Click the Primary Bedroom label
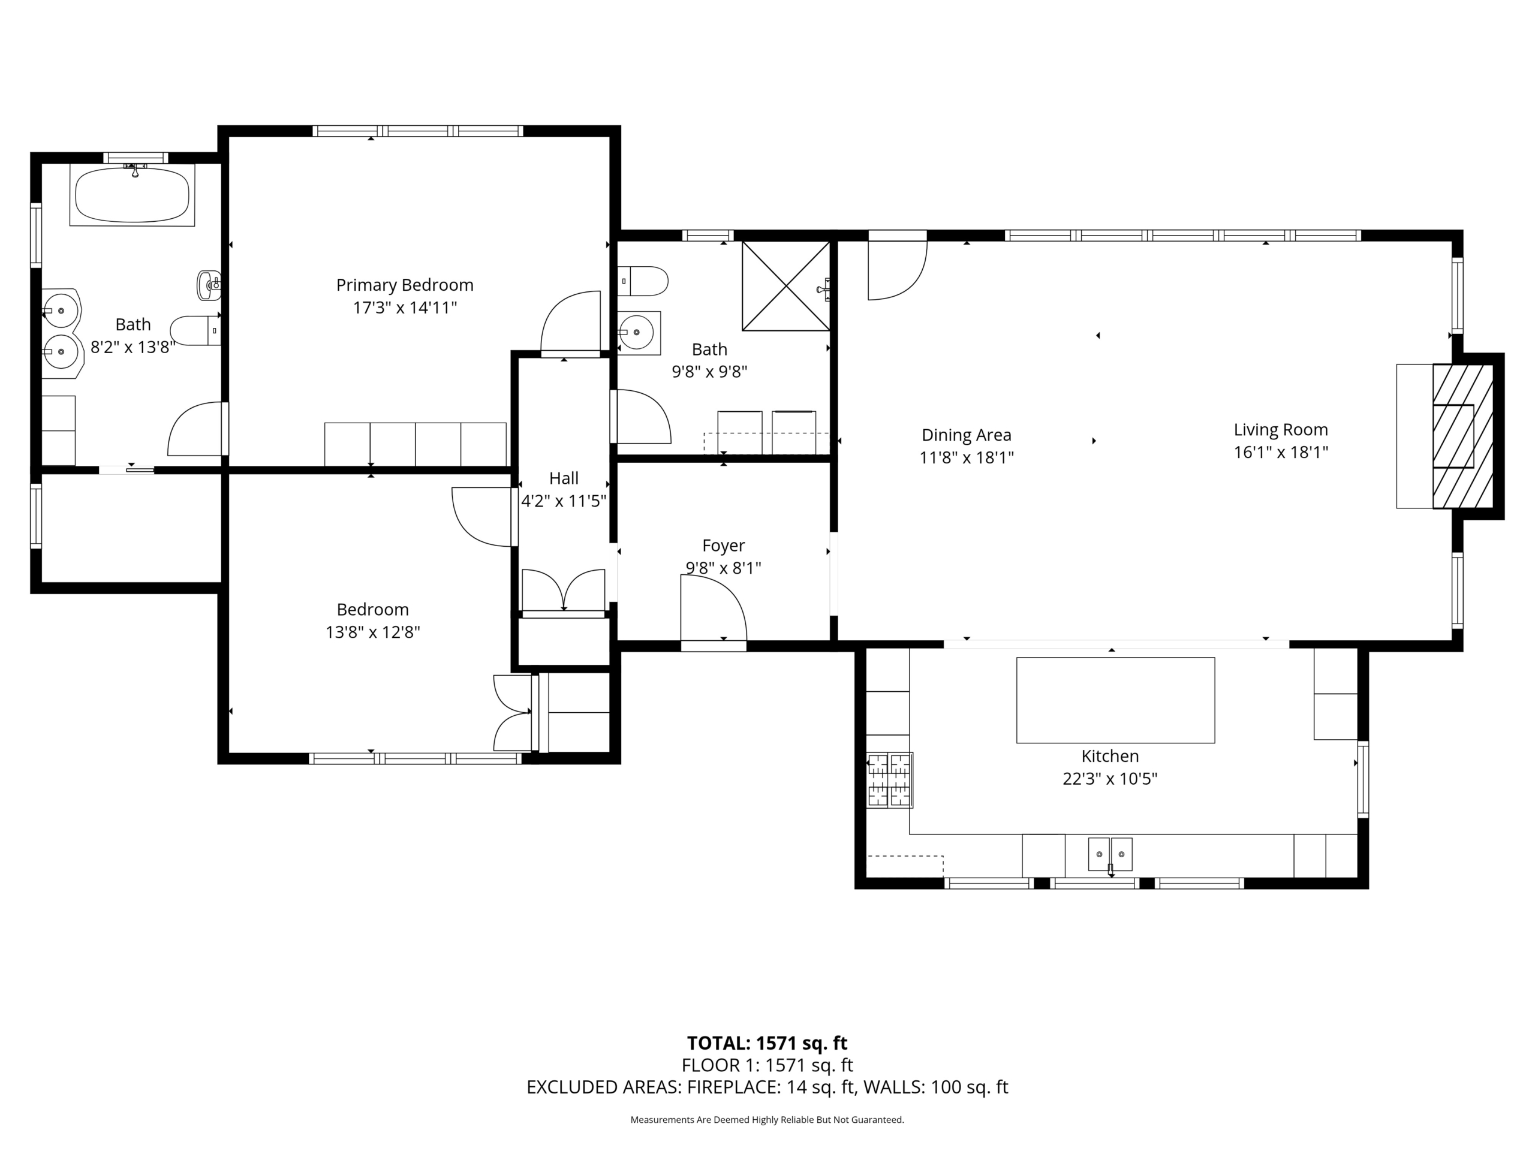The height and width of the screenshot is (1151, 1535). (x=405, y=285)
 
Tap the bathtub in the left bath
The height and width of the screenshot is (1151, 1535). (x=132, y=195)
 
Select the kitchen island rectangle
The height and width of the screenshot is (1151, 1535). (x=1115, y=700)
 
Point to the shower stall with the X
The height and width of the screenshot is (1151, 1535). (x=785, y=286)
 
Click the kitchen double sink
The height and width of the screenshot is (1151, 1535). (x=1110, y=854)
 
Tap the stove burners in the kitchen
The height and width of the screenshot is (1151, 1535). (x=889, y=780)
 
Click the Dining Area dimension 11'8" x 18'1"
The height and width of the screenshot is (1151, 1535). (x=967, y=457)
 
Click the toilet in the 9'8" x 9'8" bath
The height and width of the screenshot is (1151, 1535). (x=643, y=281)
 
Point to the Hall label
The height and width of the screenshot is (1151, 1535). (x=564, y=478)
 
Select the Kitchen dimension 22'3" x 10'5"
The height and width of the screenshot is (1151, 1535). (x=1110, y=779)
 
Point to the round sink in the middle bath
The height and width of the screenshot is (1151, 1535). (x=636, y=332)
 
